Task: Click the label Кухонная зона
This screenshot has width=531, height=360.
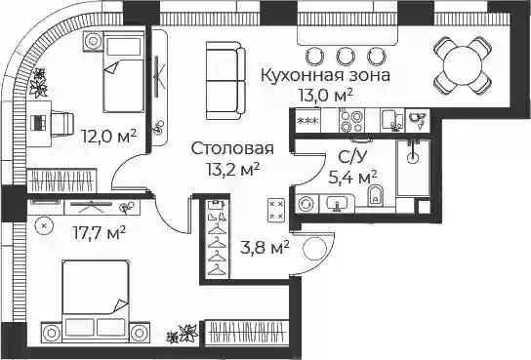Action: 325,75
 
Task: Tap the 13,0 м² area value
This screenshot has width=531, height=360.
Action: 325,95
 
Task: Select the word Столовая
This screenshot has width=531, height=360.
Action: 232,148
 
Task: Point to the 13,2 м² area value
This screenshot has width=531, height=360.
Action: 233,169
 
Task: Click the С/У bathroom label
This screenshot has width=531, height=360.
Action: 353,157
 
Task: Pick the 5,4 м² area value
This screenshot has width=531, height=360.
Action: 353,177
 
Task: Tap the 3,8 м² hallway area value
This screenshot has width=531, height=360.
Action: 265,248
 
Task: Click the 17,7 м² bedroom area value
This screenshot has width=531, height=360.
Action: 100,232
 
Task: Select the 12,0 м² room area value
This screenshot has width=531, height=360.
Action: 109,136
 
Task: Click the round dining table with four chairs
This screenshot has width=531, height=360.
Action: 463,65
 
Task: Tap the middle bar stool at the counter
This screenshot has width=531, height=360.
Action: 346,57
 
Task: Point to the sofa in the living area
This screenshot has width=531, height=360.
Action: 225,81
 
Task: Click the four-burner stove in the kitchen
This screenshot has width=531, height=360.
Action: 351,120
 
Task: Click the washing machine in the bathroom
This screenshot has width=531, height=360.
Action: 306,204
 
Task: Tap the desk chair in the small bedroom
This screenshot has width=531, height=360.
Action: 61,123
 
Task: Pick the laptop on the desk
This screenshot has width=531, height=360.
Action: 38,123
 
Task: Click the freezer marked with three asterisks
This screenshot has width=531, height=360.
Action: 307,120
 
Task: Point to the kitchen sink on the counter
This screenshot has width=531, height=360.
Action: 391,120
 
